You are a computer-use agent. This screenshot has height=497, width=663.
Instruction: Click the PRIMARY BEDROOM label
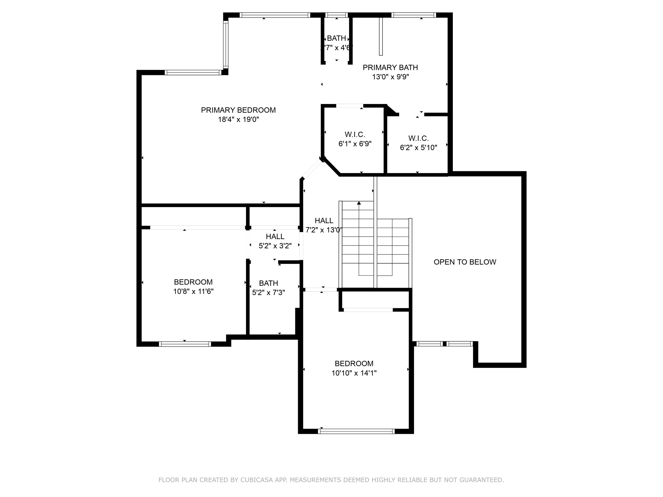[238, 110]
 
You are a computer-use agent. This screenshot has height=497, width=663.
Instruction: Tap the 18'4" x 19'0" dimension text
[238, 120]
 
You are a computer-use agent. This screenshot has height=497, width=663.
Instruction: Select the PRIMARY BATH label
[390, 67]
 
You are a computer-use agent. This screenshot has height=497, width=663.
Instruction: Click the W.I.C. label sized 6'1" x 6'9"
[355, 134]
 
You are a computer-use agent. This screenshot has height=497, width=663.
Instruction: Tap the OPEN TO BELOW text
[465, 262]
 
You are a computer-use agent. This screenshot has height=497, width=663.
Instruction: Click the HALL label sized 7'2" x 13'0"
[324, 220]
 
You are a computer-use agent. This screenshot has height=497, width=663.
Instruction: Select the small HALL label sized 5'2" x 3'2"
[275, 236]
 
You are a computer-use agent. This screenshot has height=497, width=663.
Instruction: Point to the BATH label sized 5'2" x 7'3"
[268, 283]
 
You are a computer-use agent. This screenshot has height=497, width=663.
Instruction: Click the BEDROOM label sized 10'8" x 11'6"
[193, 282]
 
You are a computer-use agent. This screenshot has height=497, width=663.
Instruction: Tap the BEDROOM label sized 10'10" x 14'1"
[354, 363]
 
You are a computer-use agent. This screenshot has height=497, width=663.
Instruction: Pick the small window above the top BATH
[336, 15]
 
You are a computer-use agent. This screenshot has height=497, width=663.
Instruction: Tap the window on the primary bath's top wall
[413, 15]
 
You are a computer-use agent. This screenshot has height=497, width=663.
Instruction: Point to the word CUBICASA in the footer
[256, 480]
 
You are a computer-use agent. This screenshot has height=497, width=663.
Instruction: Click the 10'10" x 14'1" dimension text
[354, 373]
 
